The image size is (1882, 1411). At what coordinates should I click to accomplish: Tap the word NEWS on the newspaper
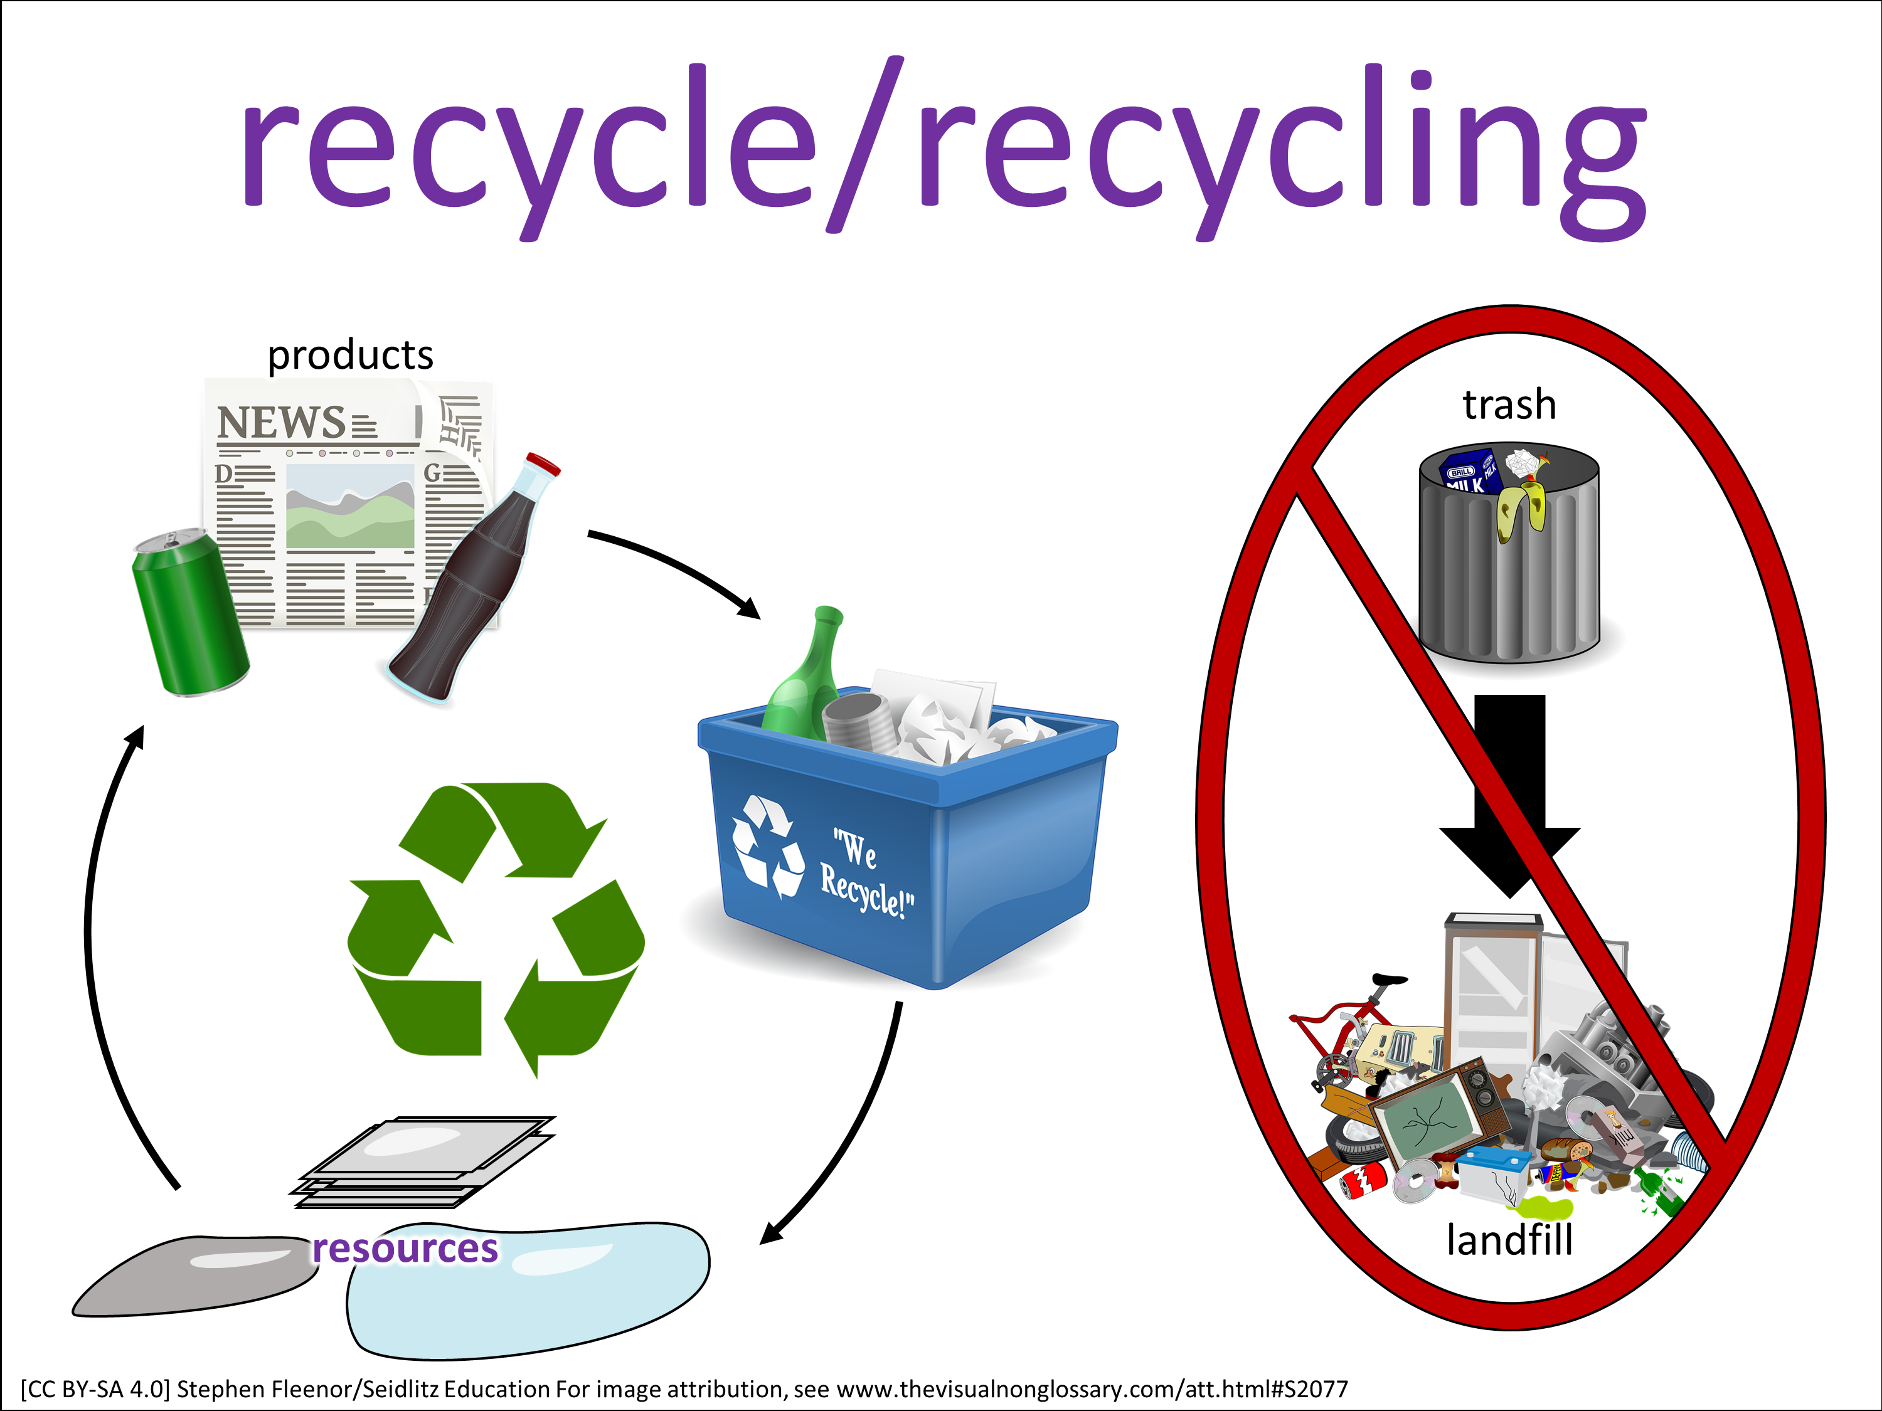[282, 423]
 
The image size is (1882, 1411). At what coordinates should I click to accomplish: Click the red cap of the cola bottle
[543, 465]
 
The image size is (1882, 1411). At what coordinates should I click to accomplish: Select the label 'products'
[351, 355]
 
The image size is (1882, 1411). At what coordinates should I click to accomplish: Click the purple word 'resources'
[405, 1248]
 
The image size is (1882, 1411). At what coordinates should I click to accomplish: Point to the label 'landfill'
[1509, 1240]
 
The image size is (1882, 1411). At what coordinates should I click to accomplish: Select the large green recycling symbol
[496, 927]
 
